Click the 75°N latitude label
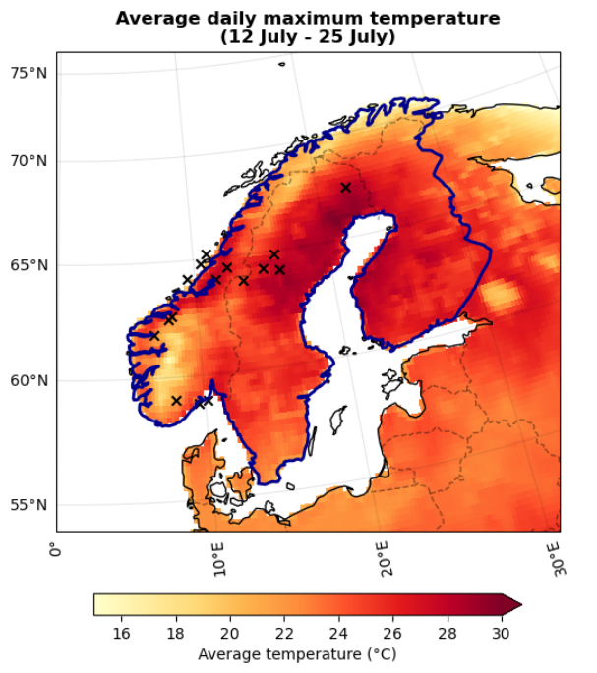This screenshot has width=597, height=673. tap(29, 74)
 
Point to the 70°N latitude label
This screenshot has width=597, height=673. tap(29, 161)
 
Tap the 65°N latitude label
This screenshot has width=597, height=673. tap(29, 266)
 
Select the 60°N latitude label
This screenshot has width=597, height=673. tap(29, 381)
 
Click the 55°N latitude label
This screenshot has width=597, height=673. tap(29, 505)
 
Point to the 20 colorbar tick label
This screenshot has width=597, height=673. tap(230, 634)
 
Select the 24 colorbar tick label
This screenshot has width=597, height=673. tap(338, 634)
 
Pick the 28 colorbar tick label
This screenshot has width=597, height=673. tap(447, 634)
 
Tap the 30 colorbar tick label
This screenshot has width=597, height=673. tap(501, 634)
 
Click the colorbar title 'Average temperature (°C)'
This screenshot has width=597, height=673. tap(297, 653)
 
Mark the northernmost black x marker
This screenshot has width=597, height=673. tap(345, 187)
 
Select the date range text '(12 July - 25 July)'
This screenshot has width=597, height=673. tap(308, 37)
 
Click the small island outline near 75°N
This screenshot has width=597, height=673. tap(281, 65)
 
